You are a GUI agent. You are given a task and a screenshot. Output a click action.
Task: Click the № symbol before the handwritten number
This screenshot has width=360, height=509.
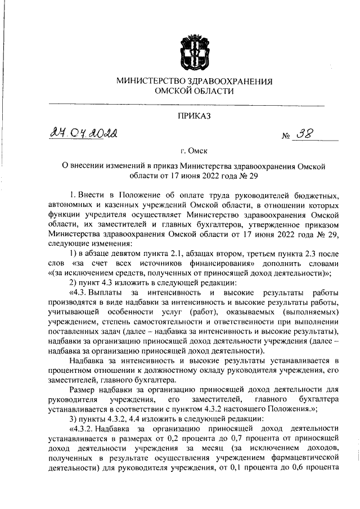pyautogui.click(x=285, y=137)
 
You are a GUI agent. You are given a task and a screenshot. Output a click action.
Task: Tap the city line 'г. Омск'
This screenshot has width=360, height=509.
pyautogui.click(x=194, y=151)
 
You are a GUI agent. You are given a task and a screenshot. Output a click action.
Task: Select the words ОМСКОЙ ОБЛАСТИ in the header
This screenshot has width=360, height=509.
pyautogui.click(x=194, y=91)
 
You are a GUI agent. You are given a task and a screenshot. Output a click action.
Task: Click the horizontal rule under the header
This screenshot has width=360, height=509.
pyautogui.click(x=186, y=105)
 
